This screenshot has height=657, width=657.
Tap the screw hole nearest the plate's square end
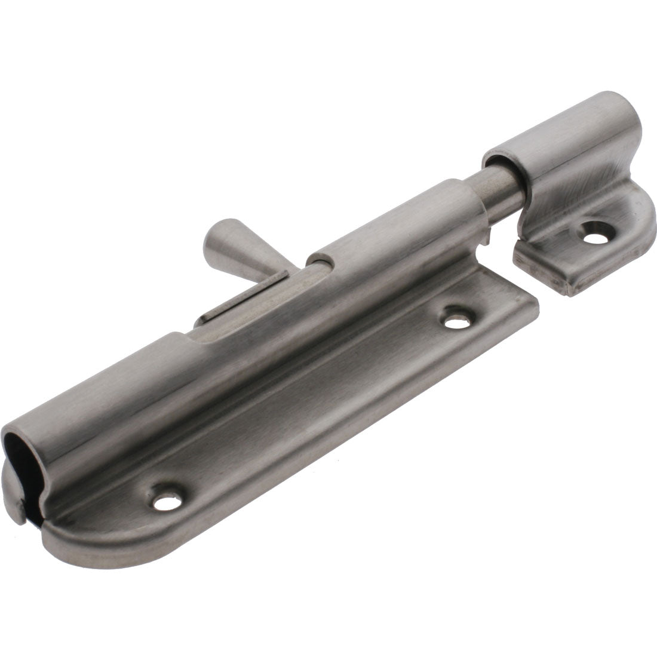[x=456, y=320]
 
